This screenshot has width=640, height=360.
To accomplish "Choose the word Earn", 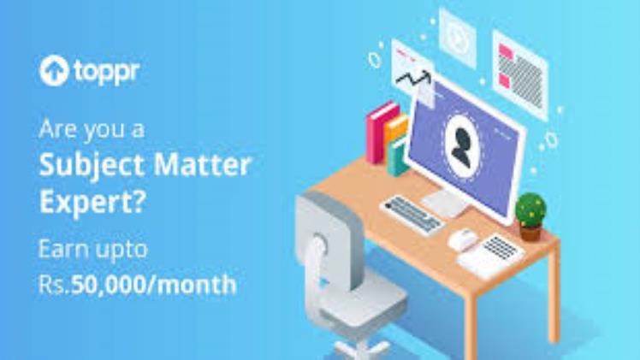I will tap(62, 250).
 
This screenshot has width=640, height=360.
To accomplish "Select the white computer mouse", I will tap(462, 240).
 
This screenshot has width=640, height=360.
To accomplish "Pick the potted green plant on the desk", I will tap(530, 214).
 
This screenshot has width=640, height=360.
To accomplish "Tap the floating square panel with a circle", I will tap(458, 34).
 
